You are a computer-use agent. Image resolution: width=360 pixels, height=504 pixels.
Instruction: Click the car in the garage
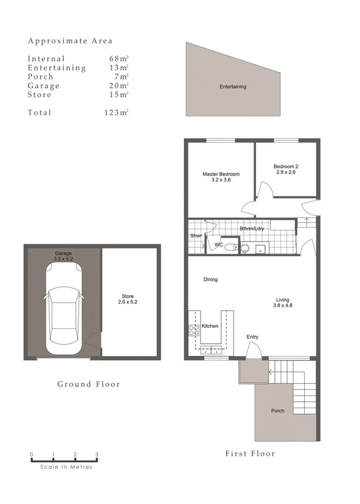[x=63, y=310]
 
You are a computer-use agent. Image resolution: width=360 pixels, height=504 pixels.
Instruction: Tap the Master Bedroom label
[x=221, y=177]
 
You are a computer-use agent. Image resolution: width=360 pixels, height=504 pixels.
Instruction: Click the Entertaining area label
[x=233, y=87]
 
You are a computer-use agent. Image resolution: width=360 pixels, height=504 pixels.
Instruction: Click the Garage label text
[x=63, y=256]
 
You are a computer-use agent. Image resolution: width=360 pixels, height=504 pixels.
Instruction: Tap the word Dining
[x=210, y=280]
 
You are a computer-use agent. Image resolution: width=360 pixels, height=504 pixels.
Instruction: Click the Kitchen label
[x=210, y=326]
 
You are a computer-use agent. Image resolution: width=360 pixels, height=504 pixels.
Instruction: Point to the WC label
[x=218, y=244]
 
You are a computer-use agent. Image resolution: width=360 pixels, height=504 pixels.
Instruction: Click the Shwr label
[x=196, y=236]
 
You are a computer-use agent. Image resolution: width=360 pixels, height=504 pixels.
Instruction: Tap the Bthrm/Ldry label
[x=251, y=229]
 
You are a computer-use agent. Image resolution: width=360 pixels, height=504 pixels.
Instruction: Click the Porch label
[x=277, y=411]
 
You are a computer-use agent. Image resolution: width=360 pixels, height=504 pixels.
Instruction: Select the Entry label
[x=253, y=337]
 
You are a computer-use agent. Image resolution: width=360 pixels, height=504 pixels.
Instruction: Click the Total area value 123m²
[x=116, y=113]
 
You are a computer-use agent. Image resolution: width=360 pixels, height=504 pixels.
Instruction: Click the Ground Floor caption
[x=88, y=384]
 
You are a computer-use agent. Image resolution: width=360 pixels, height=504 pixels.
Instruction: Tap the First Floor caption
[x=250, y=453]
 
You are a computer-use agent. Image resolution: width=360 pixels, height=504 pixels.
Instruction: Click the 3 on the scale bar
[x=96, y=454]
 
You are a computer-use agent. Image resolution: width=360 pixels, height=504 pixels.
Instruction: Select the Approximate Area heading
[x=70, y=41]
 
